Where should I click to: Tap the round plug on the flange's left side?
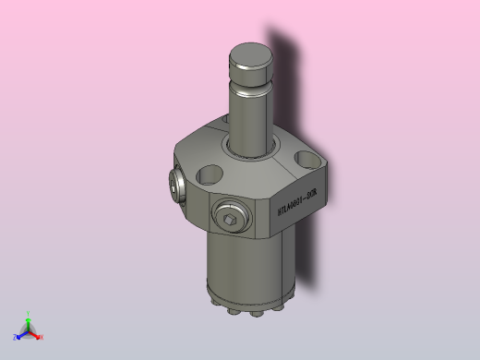coord(175,186)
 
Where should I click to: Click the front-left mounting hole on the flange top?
coord(210,173)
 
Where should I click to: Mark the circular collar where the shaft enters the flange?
coord(249,153)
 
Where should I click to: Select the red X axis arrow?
coord(36,334)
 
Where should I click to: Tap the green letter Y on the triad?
coord(29,314)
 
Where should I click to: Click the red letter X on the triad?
coord(42,337)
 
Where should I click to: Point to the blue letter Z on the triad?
coord(16,337)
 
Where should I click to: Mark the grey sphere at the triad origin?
coord(29,331)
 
